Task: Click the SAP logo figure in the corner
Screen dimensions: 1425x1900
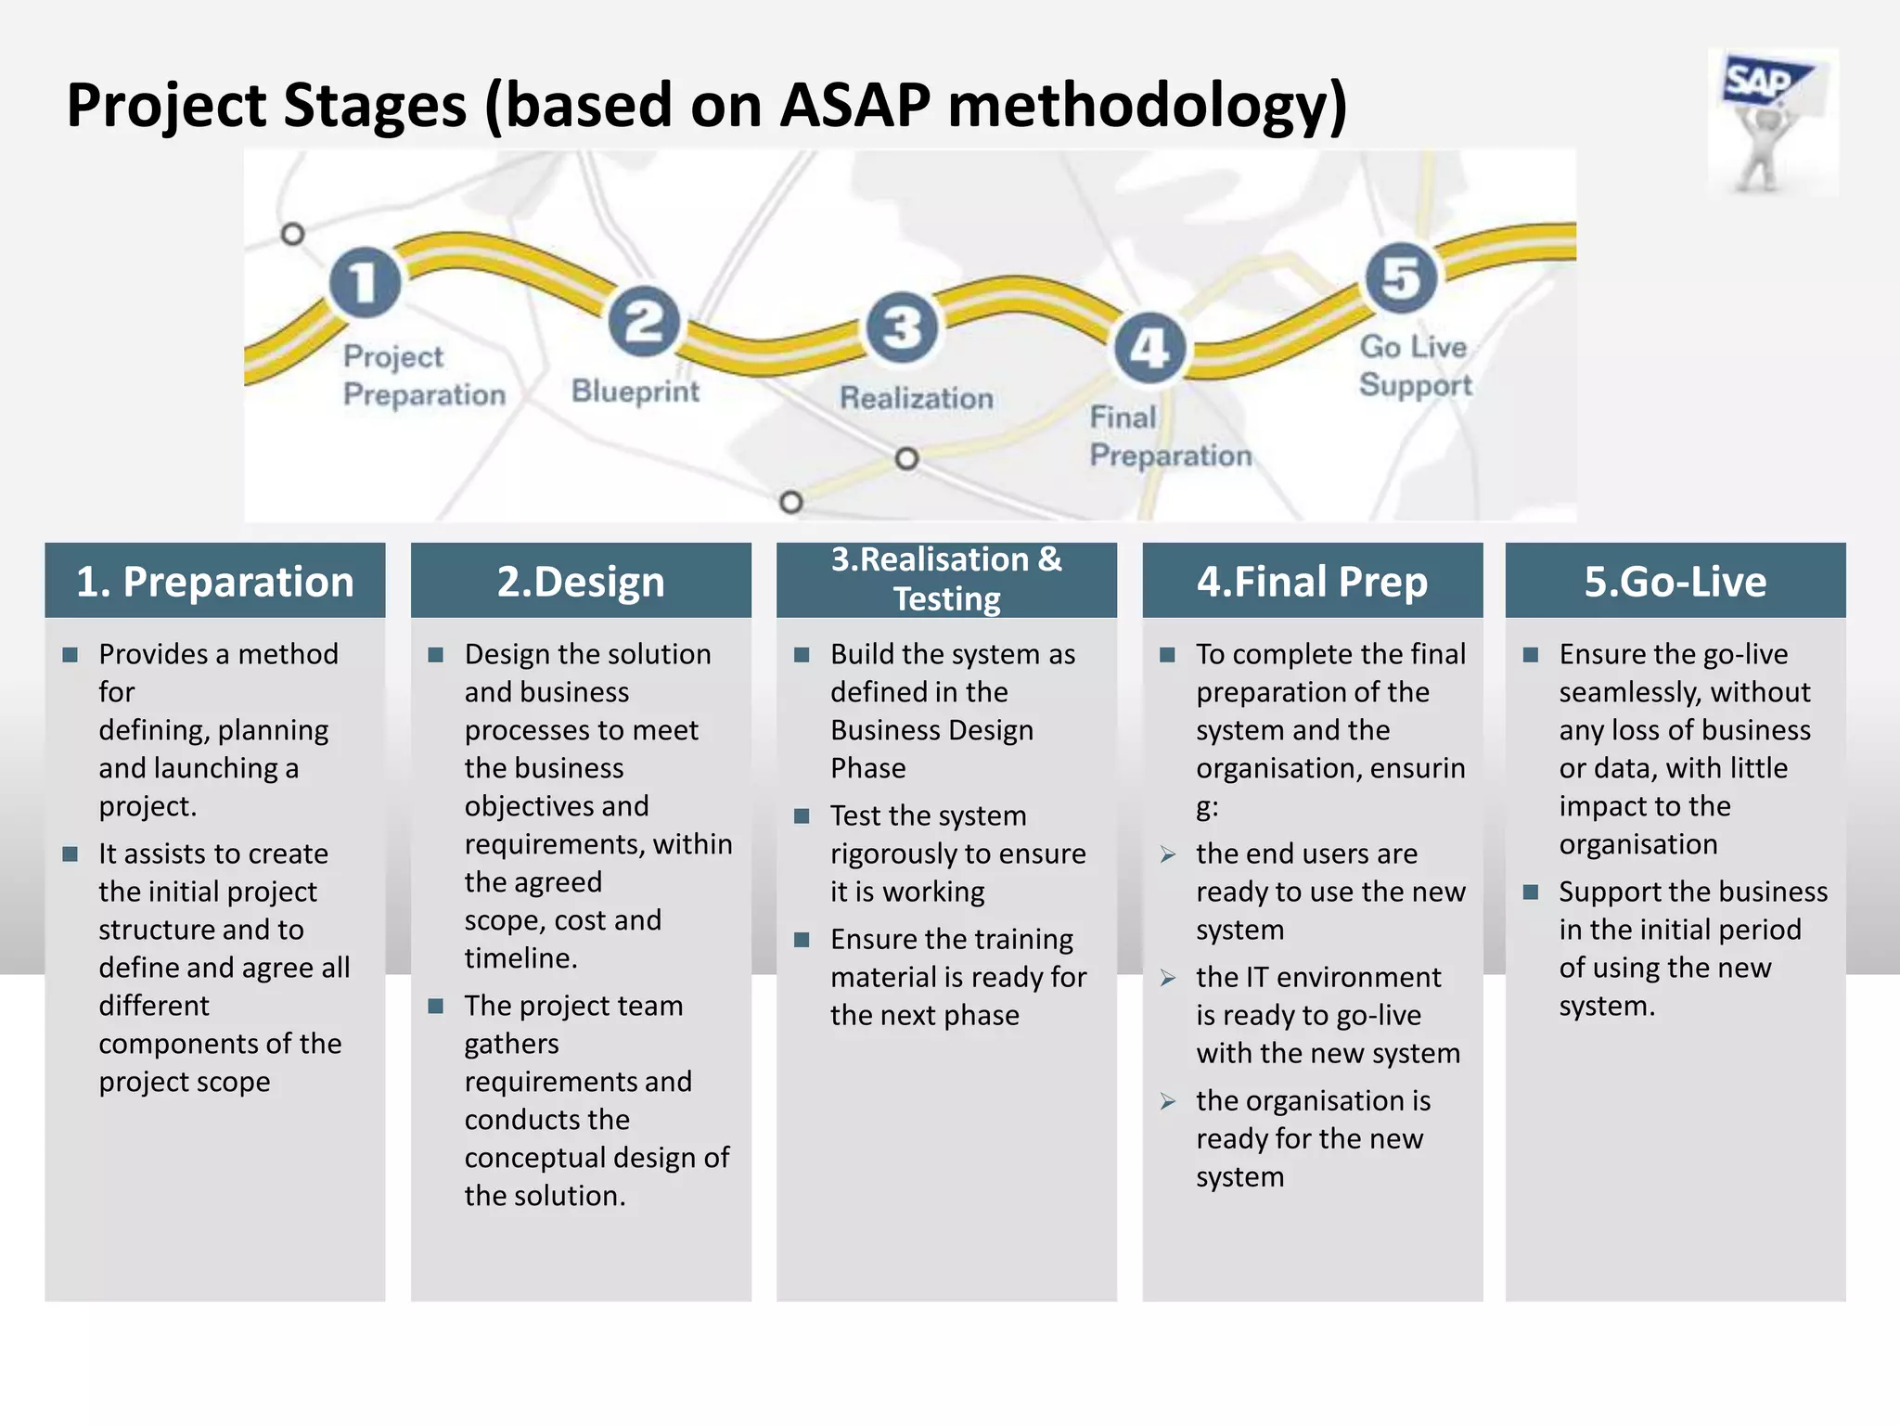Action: (1772, 122)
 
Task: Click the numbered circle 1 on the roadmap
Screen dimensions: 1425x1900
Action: (365, 282)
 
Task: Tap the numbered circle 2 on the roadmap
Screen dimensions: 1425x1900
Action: (644, 322)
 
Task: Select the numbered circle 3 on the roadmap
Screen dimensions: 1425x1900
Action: (901, 327)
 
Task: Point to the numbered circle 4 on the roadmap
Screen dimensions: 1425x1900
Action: (1149, 349)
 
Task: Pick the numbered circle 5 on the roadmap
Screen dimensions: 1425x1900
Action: (1401, 278)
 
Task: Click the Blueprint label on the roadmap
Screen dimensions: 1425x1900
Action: (635, 392)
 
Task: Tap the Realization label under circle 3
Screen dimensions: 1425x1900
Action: (917, 398)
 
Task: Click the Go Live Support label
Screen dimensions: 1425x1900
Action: (1415, 366)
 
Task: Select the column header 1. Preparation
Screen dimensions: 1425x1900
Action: (215, 582)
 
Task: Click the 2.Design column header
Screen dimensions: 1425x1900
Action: (581, 582)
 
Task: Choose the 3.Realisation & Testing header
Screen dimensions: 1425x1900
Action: (946, 580)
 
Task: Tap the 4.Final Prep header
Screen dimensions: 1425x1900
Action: (1312, 582)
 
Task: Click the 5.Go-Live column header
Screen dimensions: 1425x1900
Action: (1675, 582)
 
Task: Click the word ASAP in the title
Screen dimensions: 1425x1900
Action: (854, 105)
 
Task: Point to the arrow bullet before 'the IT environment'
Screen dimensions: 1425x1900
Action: (1168, 979)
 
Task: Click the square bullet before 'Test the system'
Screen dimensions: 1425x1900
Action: (802, 816)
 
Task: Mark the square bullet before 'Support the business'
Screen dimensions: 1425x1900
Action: (1531, 892)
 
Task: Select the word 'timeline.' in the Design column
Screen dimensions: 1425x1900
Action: (520, 958)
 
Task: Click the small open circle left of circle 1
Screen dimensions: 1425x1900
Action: (293, 234)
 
